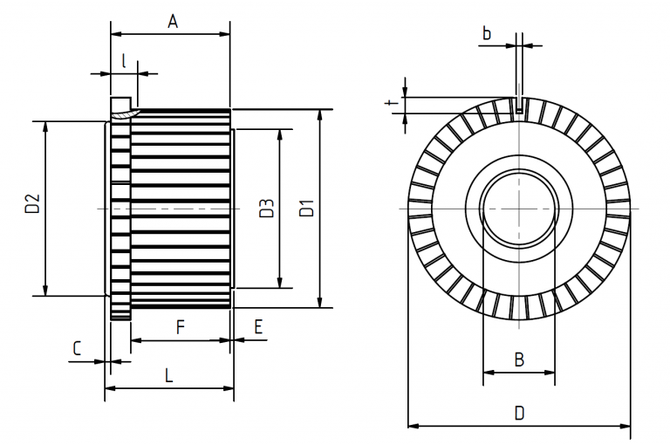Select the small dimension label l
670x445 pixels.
125,60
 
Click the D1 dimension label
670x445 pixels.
306,209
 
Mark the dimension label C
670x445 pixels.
77,348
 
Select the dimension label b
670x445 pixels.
487,33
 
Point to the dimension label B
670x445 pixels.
518,359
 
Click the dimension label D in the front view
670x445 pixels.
519,412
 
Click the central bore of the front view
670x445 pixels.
518,209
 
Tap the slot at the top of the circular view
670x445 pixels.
519,105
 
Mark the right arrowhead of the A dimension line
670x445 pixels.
225,35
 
